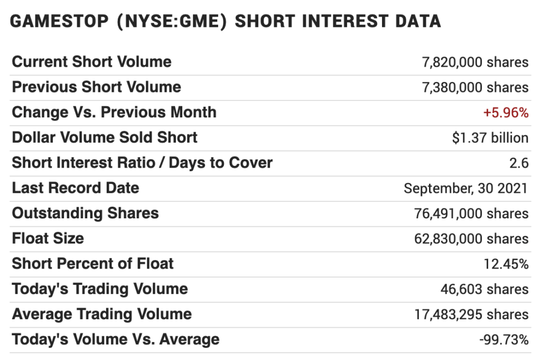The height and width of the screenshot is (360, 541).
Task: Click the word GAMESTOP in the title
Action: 56,22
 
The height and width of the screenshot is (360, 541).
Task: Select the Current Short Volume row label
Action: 91,62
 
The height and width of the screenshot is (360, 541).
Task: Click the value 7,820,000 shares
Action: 475,62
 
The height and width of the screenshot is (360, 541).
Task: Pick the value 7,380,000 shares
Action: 475,88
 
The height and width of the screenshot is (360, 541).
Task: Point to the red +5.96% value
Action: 506,113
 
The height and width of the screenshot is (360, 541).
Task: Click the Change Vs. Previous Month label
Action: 114,113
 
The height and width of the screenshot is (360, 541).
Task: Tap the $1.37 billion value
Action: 490,138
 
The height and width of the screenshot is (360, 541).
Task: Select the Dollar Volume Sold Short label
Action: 105,138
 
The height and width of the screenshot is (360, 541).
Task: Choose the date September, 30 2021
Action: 465,189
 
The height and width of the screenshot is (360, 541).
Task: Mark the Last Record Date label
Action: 76,188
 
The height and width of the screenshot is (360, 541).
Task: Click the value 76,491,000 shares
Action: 471,214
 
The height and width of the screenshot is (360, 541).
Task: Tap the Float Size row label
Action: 48,238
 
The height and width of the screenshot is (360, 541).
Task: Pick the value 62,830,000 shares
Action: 471,239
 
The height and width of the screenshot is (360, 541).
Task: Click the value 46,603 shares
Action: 484,289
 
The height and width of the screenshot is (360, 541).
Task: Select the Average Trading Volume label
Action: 102,315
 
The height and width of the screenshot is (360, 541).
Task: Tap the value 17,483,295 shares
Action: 471,315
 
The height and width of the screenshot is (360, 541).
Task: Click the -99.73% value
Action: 503,339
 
